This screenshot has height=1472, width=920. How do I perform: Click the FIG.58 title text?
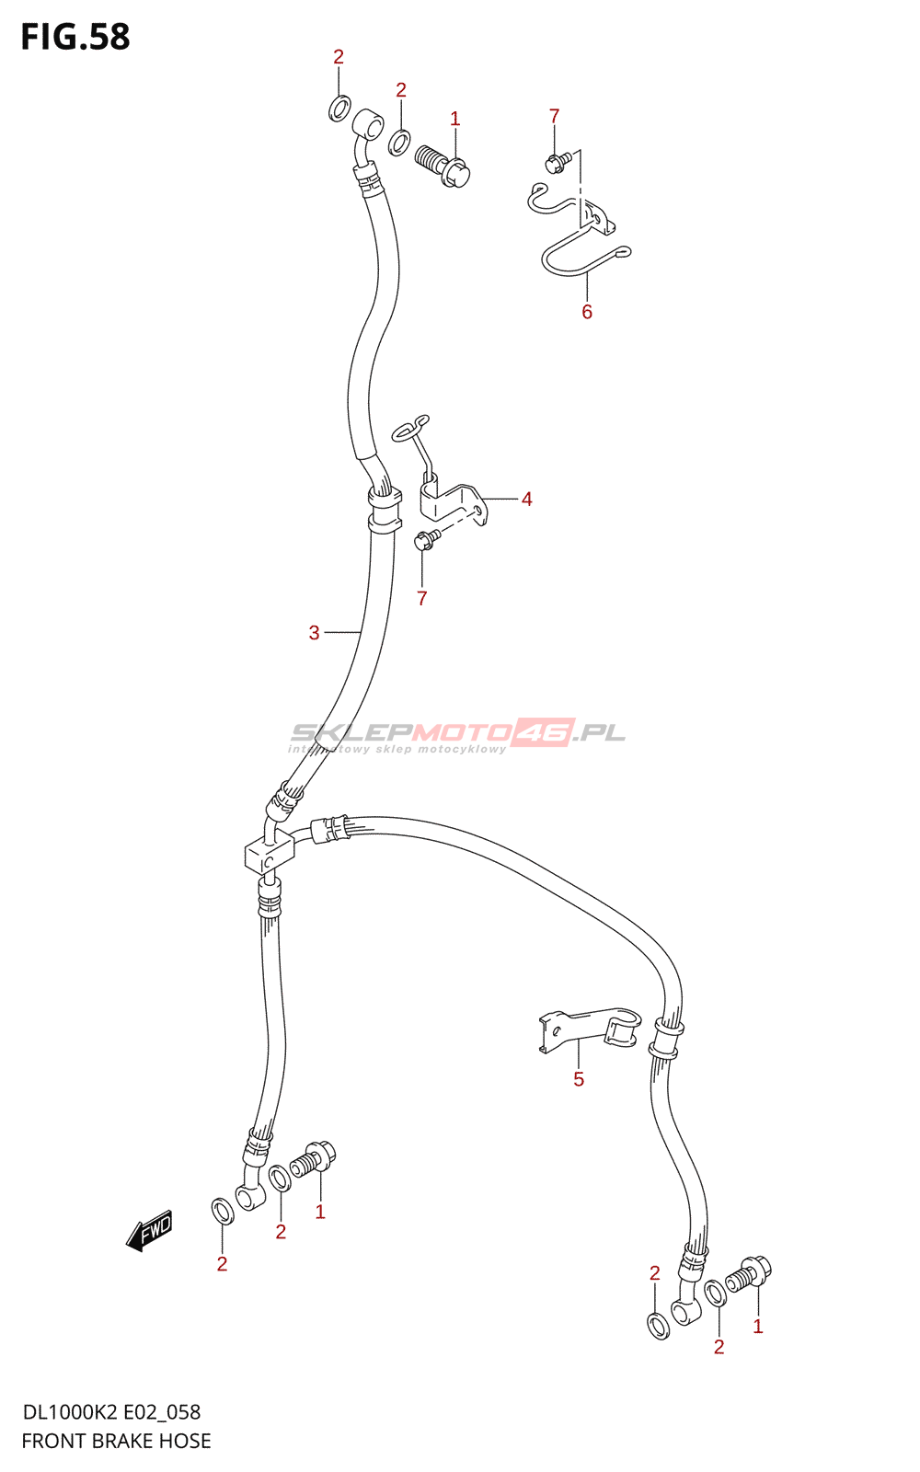tap(75, 37)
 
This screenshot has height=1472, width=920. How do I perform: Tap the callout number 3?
tap(315, 633)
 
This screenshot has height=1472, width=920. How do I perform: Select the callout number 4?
tap(526, 500)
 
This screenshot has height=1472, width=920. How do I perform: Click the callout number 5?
tap(579, 1079)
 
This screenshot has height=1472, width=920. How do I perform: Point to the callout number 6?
tap(587, 312)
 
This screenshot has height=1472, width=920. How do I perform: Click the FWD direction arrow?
tap(150, 1230)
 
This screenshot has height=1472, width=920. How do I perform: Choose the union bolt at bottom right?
tap(749, 1276)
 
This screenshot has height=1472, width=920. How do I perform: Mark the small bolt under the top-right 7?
tap(557, 163)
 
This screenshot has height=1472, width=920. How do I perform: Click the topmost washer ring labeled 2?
tap(339, 107)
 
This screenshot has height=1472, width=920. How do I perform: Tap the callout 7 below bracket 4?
tap(421, 599)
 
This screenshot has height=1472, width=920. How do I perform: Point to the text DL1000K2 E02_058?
tap(111, 1412)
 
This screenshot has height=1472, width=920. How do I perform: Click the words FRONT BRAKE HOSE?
tap(116, 1441)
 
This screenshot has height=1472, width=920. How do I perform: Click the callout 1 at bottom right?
tap(757, 1327)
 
